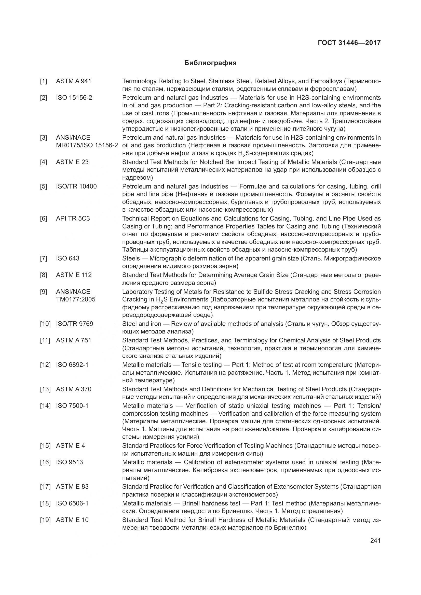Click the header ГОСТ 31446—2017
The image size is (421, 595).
pyautogui.click(x=349, y=43)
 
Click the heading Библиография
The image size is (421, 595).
pyautogui.click(x=210, y=63)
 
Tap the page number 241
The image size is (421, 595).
pyautogui.click(x=375, y=540)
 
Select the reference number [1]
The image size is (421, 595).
pyautogui.click(x=44, y=81)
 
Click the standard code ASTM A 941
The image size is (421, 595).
pyautogui.click(x=74, y=81)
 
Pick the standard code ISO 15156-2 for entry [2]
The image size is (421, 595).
pyautogui.click(x=74, y=98)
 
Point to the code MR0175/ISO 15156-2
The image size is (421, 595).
pyautogui.click(x=87, y=146)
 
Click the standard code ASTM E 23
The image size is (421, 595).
pyautogui.click(x=72, y=162)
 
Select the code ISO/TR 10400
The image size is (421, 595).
pyautogui.click(x=76, y=186)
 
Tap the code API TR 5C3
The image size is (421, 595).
pyautogui.click(x=73, y=219)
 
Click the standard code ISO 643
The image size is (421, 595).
pyautogui.click(x=68, y=259)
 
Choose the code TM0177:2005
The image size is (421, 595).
pyautogui.click(x=76, y=300)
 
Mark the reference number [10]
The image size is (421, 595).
pyautogui.click(x=45, y=324)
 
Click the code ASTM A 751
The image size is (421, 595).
pyautogui.click(x=74, y=341)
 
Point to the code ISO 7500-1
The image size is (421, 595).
pyautogui.click(x=72, y=406)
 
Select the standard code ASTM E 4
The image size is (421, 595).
pyautogui.click(x=70, y=446)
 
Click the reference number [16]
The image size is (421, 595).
pyautogui.click(x=45, y=462)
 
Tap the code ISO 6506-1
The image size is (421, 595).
pyautogui.click(x=72, y=503)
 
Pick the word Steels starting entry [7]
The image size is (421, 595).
pyautogui.click(x=131, y=259)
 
